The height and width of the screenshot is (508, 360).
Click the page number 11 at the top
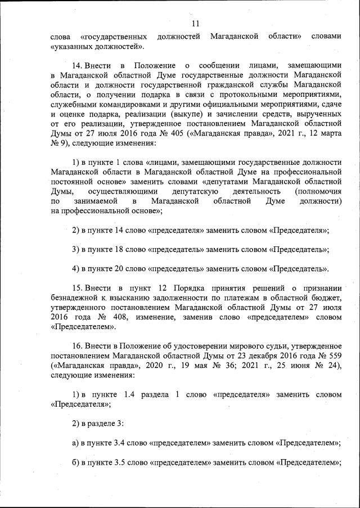(x=195, y=23)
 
